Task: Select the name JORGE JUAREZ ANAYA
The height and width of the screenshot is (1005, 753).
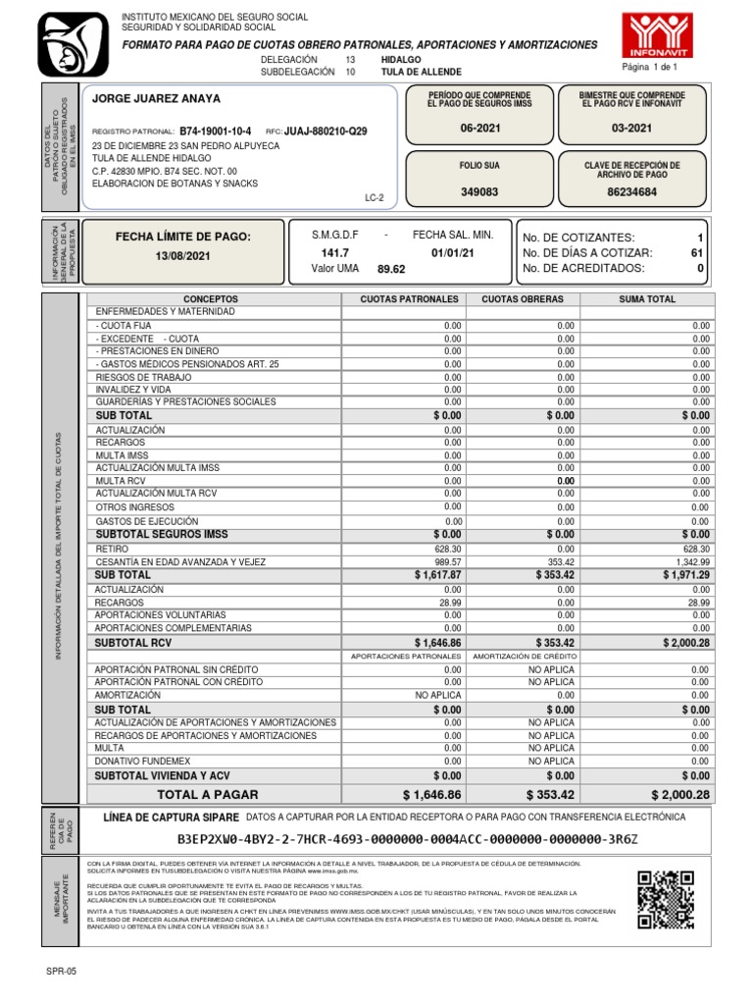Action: coord(156,99)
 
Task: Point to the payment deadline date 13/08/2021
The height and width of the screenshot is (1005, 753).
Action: coord(182,255)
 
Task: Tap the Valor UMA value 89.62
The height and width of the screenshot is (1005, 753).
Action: coord(391,268)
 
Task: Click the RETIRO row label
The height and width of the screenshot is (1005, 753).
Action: coord(113,549)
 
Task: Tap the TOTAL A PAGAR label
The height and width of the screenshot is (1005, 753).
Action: coord(208,794)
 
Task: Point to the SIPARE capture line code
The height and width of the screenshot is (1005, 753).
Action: coord(407,840)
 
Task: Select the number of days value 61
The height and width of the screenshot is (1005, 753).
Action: coord(697,252)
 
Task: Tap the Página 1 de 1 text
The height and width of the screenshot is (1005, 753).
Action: coord(650,66)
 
